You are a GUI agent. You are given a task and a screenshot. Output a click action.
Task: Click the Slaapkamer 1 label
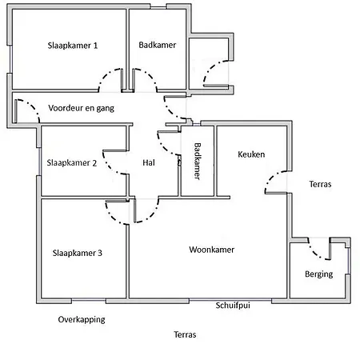click(73, 46)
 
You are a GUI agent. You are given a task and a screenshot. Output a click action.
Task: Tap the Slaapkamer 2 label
click(72, 162)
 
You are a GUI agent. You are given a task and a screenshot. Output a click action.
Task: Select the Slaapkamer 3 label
click(78, 253)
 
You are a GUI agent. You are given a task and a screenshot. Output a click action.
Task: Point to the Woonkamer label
click(212, 250)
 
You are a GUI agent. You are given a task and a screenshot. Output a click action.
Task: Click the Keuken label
click(251, 154)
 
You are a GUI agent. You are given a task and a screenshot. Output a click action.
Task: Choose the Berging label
click(319, 274)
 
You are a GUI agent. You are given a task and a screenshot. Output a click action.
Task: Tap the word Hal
click(149, 162)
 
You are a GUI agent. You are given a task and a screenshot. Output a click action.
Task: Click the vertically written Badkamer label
click(198, 161)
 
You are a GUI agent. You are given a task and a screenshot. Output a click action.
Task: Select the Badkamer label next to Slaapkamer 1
click(158, 45)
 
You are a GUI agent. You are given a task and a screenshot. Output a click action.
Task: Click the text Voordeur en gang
click(81, 108)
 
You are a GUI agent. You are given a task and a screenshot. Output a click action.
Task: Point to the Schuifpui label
click(233, 305)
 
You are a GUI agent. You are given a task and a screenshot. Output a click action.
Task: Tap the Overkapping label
click(82, 319)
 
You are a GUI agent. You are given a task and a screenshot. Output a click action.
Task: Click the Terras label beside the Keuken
click(320, 184)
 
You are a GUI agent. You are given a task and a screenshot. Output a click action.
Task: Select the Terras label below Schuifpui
click(185, 334)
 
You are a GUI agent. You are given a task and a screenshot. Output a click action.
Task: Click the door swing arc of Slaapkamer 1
click(106, 74)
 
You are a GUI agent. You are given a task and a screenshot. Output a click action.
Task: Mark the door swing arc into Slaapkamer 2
click(110, 167)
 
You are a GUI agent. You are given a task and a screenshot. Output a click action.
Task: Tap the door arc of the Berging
click(314, 253)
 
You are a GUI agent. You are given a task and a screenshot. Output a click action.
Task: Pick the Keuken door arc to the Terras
click(271, 177)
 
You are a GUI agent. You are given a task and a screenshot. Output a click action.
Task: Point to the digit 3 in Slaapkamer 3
click(100, 253)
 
